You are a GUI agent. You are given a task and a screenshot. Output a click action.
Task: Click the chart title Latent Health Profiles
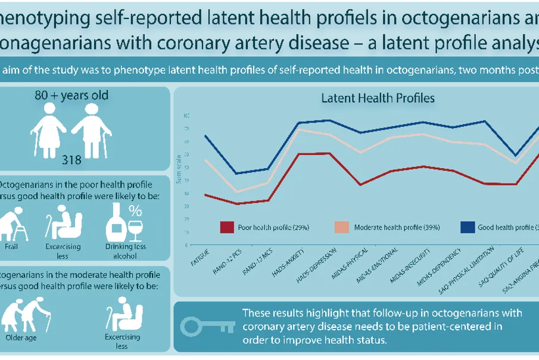[378, 98]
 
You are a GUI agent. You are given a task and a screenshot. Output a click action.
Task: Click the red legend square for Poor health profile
[226, 227]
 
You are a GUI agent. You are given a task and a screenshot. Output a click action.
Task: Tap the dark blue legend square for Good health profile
[468, 227]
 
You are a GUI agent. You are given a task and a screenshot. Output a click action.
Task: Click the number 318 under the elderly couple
[71, 159]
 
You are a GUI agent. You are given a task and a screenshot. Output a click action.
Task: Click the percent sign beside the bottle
[135, 210]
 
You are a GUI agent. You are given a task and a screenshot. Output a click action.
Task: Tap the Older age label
[21, 339]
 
